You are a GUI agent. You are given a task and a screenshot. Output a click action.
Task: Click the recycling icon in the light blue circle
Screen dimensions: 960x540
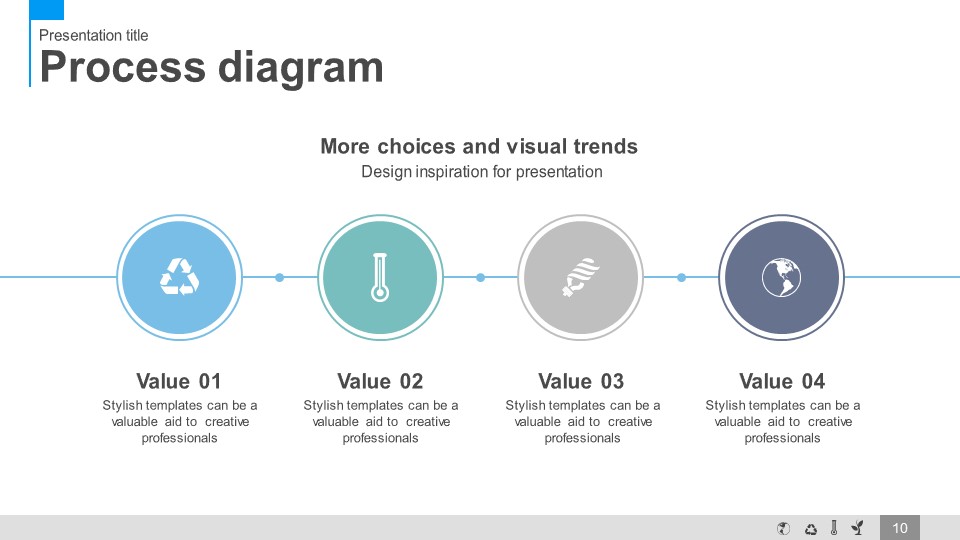(179, 277)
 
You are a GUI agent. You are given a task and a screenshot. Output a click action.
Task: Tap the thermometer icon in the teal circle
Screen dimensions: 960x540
(380, 277)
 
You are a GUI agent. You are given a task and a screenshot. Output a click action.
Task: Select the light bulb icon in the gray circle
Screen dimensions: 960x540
(581, 277)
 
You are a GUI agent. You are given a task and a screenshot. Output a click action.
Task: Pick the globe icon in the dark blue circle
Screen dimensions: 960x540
(781, 277)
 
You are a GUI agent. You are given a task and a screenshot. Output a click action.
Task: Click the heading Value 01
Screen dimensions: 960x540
(178, 381)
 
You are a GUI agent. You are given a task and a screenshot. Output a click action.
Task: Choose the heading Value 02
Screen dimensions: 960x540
(380, 381)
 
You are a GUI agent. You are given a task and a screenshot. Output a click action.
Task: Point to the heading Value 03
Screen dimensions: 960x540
(581, 381)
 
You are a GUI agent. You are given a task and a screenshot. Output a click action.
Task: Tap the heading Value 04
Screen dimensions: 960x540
(782, 381)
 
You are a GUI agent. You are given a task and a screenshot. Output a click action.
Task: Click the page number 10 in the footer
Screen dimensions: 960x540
(899, 528)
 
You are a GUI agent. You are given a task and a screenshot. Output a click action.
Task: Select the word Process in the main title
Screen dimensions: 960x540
(122, 66)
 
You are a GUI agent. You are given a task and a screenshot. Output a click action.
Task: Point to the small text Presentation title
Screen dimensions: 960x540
(94, 36)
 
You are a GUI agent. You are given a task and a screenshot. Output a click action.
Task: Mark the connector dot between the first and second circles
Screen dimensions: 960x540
(280, 277)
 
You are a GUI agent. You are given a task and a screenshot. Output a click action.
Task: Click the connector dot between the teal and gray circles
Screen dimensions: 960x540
(481, 277)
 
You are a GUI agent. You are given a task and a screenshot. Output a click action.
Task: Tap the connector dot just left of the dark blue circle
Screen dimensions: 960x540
(681, 277)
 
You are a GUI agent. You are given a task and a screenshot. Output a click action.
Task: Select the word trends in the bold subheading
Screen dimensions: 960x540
(605, 146)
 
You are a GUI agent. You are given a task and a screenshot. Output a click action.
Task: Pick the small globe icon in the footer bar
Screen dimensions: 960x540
(783, 528)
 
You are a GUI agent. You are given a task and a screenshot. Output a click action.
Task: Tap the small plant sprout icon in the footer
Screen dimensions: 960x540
(858, 528)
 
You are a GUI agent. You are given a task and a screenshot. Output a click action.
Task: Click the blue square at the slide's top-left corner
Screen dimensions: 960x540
(47, 10)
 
